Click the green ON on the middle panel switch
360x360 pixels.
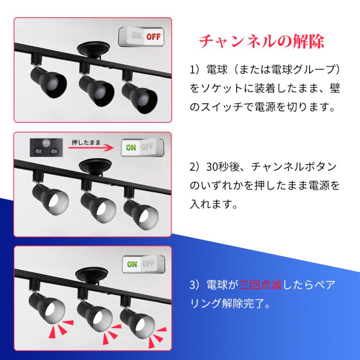point(131,147)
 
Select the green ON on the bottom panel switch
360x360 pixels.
point(132,264)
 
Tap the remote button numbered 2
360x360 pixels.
point(38,151)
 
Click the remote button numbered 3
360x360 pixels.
point(54,151)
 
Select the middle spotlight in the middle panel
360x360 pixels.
point(98,202)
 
